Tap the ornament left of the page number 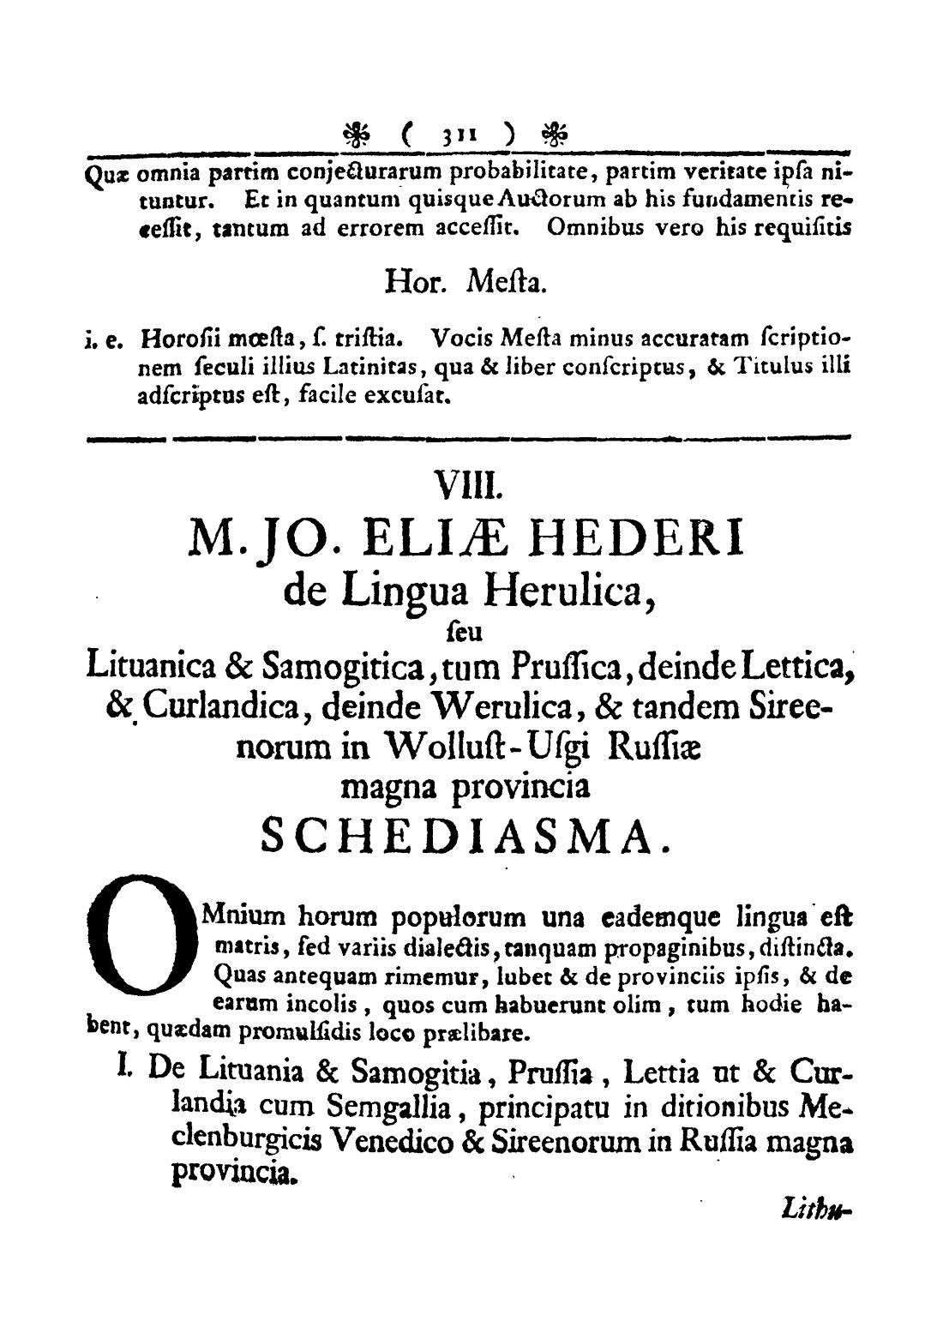click(357, 135)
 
